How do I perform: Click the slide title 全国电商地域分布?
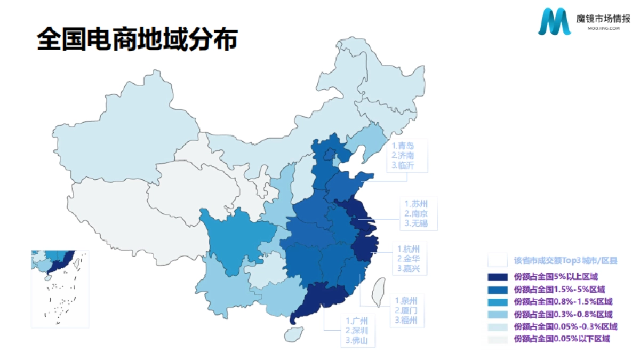tap(137, 40)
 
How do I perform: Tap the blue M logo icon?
tap(554, 22)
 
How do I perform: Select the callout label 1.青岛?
tap(403, 145)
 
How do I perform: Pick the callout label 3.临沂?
tap(403, 165)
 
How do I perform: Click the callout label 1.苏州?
tap(416, 204)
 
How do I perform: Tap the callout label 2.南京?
tap(416, 213)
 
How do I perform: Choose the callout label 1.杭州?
tap(409, 249)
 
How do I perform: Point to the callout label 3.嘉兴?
tap(409, 269)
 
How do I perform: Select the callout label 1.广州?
tap(357, 321)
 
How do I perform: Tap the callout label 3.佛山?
tap(357, 340)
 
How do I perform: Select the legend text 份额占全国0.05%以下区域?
tap(561, 339)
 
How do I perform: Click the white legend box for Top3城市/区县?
tap(498, 260)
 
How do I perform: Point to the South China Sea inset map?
tap(60, 289)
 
